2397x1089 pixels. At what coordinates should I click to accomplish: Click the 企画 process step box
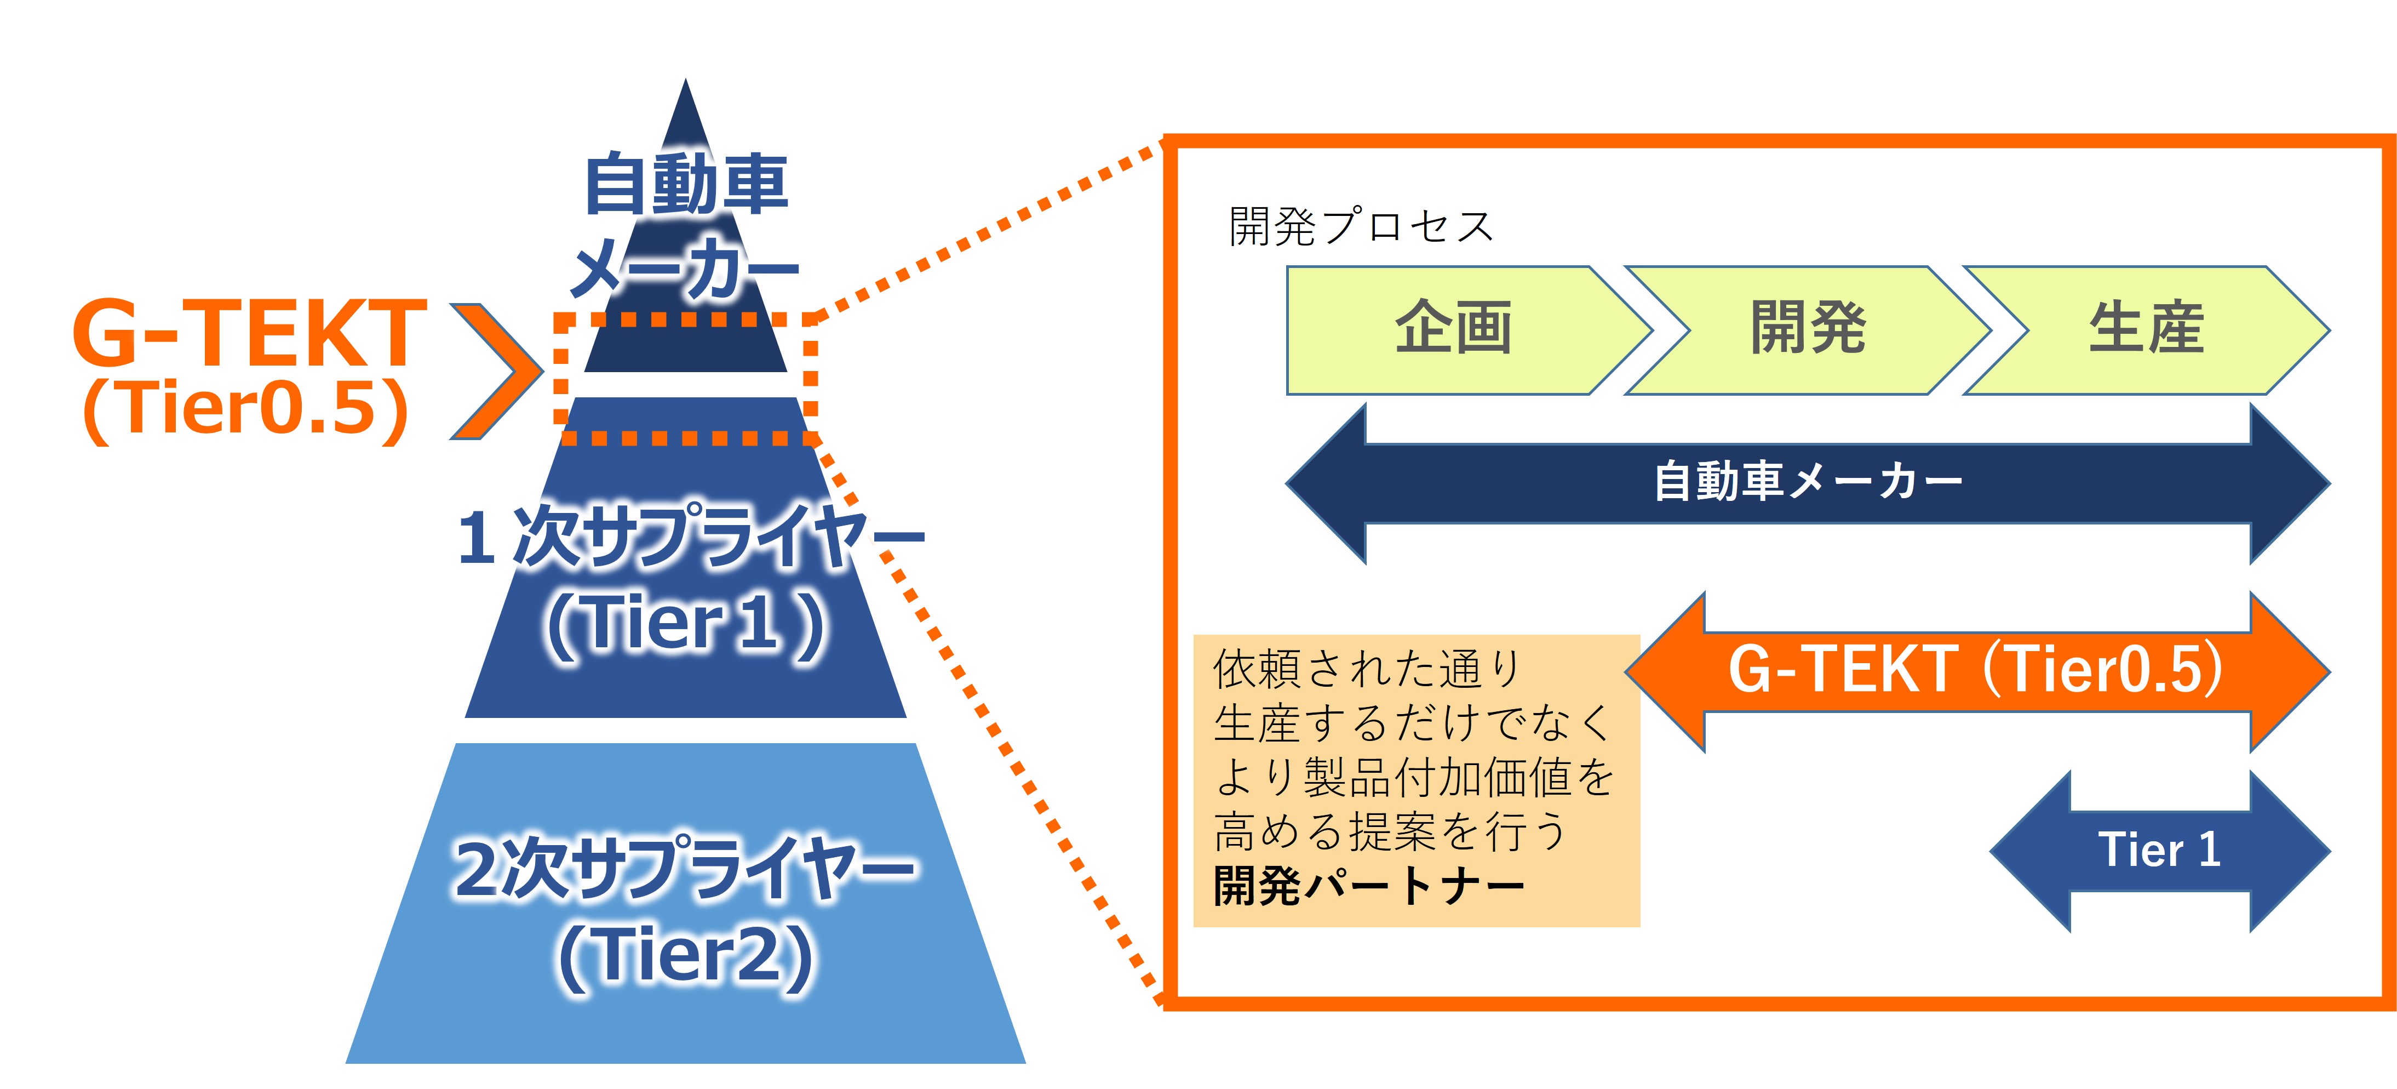coord(1452,329)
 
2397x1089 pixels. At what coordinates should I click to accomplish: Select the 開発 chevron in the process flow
coord(1807,329)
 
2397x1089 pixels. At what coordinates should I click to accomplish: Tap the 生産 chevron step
coord(2146,329)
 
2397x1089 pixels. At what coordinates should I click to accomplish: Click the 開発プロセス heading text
coord(1361,227)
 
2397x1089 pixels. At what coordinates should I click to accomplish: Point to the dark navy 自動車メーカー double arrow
coord(1807,483)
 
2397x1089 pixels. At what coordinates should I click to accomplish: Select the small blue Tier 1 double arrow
coord(2159,851)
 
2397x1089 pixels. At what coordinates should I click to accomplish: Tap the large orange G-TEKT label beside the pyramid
coord(249,333)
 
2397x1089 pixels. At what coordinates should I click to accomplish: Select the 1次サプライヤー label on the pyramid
coord(689,537)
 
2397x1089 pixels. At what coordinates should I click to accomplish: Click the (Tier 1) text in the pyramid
coord(686,624)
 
